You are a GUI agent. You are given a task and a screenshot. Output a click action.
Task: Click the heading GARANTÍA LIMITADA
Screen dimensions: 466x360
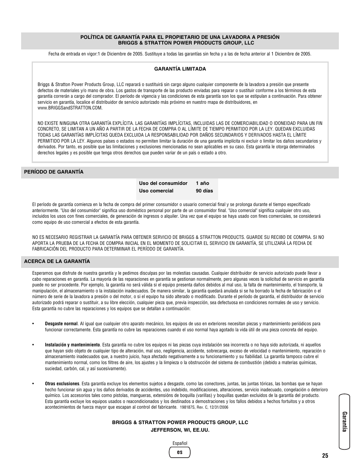pyautogui.click(x=180, y=69)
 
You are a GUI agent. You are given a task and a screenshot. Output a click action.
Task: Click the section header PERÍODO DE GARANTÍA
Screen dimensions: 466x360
pyautogui.click(x=54, y=172)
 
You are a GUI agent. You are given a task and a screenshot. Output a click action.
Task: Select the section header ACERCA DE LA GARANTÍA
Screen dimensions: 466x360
pyautogui.click(x=57, y=261)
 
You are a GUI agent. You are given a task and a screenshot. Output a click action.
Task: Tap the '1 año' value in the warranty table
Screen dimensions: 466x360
pyautogui.click(x=202, y=183)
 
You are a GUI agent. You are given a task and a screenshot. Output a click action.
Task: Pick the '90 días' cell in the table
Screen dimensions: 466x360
pyautogui.click(x=204, y=191)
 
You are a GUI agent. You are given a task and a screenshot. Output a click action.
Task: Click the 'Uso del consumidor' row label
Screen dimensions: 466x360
pyautogui.click(x=163, y=183)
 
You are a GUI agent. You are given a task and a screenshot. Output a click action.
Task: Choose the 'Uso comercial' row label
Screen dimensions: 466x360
pyautogui.click(x=156, y=191)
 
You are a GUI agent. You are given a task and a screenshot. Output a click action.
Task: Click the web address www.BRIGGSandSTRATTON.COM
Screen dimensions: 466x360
pyautogui.click(x=70, y=108)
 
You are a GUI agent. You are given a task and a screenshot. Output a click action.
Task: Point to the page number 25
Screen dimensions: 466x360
pyautogui.click(x=325, y=456)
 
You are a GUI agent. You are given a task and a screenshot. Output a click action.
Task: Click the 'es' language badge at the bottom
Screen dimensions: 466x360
pyautogui.click(x=180, y=452)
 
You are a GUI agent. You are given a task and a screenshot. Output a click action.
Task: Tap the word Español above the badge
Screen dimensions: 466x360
pyautogui.click(x=180, y=443)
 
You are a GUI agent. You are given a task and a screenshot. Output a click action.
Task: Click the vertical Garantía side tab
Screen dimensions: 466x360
pyautogui.click(x=344, y=421)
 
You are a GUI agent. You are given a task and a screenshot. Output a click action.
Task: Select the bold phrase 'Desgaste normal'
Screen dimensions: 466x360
pyautogui.click(x=61, y=324)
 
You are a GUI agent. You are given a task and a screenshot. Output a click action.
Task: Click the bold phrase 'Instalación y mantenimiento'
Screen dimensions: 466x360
pyautogui.click(x=72, y=345)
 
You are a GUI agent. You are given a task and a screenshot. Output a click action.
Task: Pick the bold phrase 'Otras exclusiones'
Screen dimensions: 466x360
pyautogui.click(x=62, y=384)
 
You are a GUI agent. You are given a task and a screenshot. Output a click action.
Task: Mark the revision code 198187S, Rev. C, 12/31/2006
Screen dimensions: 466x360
pyautogui.click(x=204, y=408)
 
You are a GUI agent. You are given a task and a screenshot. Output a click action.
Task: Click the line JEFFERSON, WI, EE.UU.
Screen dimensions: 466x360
pyautogui.click(x=180, y=430)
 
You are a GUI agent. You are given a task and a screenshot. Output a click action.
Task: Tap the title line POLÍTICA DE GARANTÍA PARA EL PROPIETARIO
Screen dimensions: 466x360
pyautogui.click(x=180, y=37)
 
